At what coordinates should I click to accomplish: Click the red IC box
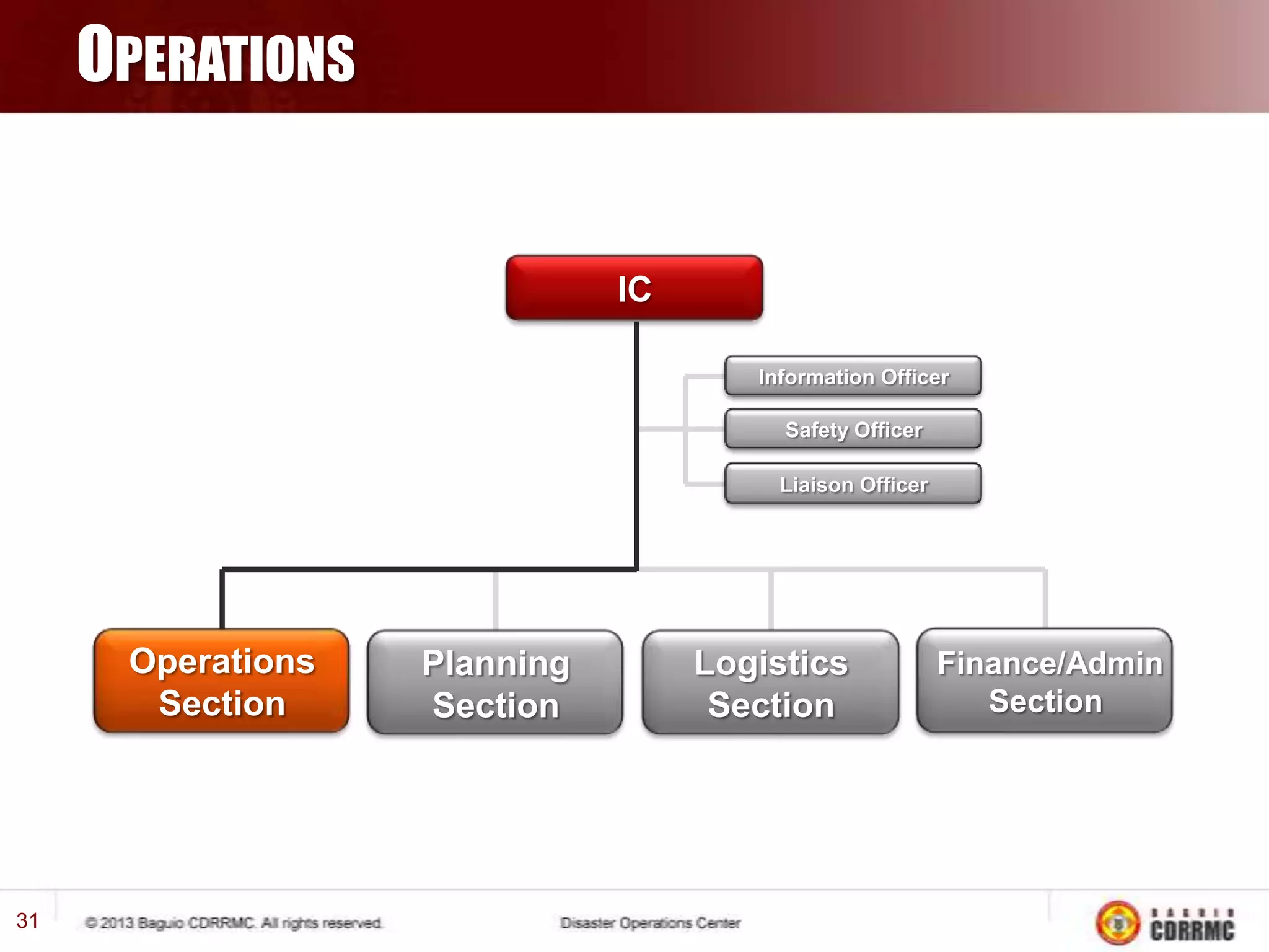[634, 288]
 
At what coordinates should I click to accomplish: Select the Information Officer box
[853, 376]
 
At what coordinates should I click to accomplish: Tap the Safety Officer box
[853, 430]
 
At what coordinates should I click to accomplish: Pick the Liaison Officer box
[853, 484]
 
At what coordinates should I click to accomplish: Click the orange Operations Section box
[221, 681]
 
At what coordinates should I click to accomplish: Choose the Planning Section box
[495, 682]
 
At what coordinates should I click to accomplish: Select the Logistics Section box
[770, 682]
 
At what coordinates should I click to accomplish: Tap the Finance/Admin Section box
[1045, 681]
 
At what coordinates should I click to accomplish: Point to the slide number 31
[27, 921]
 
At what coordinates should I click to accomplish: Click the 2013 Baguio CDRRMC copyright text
[234, 923]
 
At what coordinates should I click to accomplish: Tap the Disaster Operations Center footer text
[650, 923]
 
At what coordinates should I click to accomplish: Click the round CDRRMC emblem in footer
[1118, 923]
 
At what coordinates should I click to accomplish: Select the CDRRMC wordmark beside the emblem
[1192, 925]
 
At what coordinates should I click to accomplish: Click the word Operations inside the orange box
[222, 661]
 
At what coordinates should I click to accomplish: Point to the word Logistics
[771, 663]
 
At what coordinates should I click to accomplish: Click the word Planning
[496, 663]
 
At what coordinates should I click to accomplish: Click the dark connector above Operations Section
[222, 599]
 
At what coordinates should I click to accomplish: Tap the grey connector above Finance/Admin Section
[1045, 599]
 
